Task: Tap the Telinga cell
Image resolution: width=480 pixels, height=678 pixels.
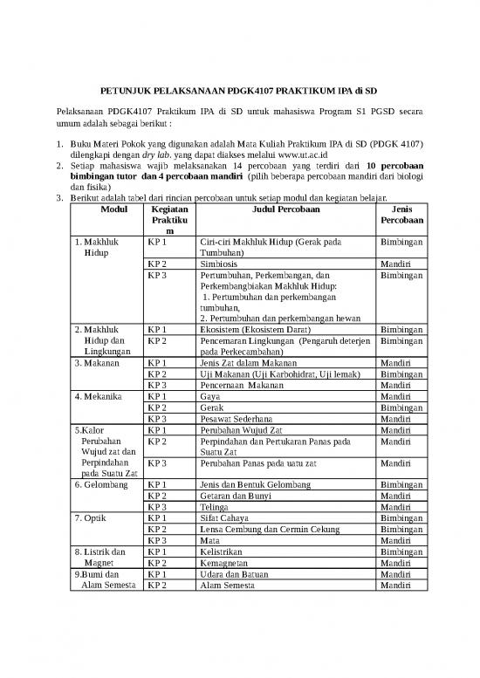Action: [x=216, y=506]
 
